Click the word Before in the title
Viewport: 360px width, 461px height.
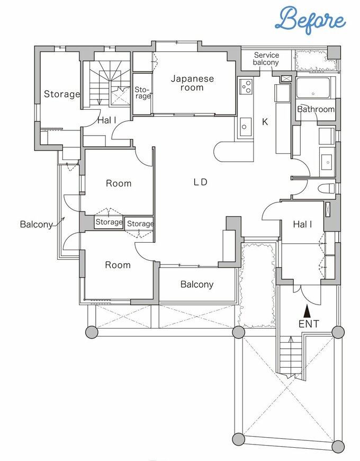[x=311, y=20]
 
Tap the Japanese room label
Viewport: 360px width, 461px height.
[x=192, y=83]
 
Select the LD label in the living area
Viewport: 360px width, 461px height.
[x=201, y=182]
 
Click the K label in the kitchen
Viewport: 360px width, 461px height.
[x=265, y=122]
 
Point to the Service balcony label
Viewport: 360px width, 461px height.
[x=266, y=58]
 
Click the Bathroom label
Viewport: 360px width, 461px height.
[x=316, y=109]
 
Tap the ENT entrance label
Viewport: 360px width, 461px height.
[x=309, y=324]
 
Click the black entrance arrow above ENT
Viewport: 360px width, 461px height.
[x=307, y=311]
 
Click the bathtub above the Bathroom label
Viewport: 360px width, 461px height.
[x=313, y=87]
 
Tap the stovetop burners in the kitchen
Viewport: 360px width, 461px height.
[x=246, y=86]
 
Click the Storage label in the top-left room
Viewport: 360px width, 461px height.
[x=62, y=94]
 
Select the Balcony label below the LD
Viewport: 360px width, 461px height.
[x=197, y=285]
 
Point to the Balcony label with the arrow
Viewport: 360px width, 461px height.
[x=37, y=225]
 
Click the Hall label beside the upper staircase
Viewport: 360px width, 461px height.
[x=107, y=120]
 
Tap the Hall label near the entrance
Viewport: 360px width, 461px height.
[x=302, y=225]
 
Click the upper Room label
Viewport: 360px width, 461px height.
[x=119, y=183]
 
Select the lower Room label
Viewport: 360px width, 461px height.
[x=118, y=265]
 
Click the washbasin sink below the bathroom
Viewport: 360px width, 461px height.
[x=327, y=162]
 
